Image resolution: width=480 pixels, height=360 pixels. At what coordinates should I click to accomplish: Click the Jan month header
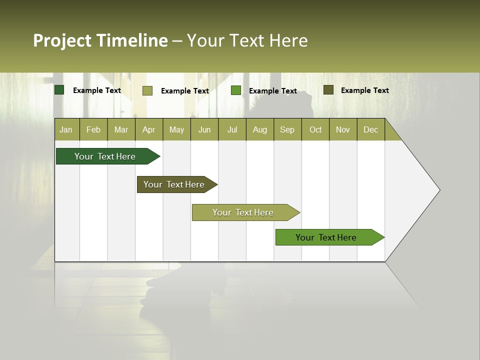(x=66, y=129)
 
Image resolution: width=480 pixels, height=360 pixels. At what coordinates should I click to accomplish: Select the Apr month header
(x=149, y=129)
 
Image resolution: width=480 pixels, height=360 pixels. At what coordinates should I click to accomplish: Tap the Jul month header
(x=232, y=129)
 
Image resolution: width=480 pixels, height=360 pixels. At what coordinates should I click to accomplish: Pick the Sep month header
(x=287, y=129)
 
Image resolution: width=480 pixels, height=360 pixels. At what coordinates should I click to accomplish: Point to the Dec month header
(x=370, y=129)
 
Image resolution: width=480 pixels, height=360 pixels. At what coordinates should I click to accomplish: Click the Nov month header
(x=343, y=129)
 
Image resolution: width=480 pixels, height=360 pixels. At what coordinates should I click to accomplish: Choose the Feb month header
(x=93, y=129)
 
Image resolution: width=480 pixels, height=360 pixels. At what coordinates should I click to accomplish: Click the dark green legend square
(x=59, y=90)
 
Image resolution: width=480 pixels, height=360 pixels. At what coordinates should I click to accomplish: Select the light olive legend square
(x=147, y=90)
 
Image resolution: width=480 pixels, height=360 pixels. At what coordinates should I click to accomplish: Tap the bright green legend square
(x=236, y=90)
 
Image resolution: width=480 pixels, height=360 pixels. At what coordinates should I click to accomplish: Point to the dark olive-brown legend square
(x=328, y=90)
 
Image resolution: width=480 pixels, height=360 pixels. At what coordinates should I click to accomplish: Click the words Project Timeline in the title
(x=100, y=40)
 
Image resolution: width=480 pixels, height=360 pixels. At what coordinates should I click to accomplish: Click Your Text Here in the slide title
(x=247, y=40)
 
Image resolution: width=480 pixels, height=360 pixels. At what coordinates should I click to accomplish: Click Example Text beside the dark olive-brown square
(x=364, y=90)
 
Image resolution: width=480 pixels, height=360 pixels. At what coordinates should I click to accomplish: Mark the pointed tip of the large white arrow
(x=438, y=190)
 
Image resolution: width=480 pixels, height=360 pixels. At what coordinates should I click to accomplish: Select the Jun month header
(x=204, y=129)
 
